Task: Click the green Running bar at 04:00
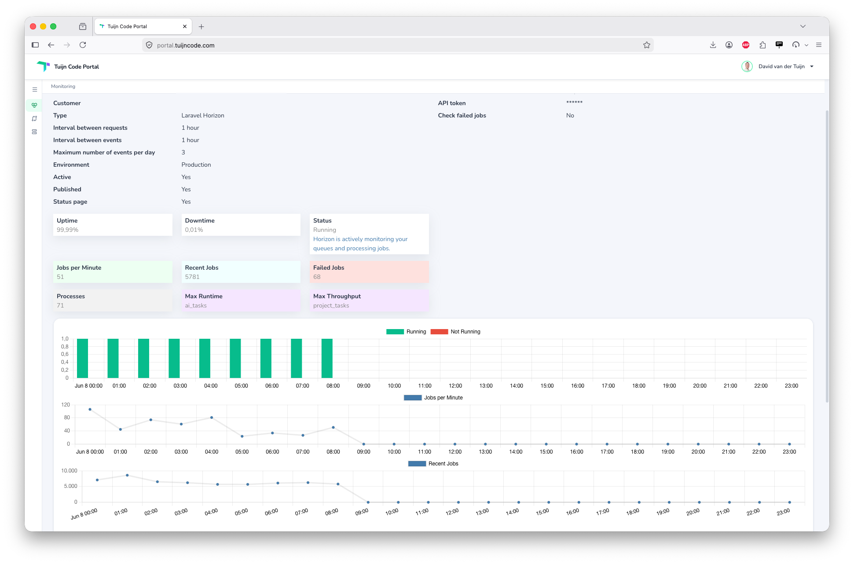click(205, 358)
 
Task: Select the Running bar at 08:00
click(327, 358)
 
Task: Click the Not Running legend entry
click(455, 332)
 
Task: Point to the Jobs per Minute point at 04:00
click(212, 418)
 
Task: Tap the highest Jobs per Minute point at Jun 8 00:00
click(90, 410)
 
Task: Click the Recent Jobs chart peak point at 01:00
click(127, 475)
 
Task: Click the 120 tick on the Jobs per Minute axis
click(66, 405)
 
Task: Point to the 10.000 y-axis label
click(69, 471)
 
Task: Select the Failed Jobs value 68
click(317, 277)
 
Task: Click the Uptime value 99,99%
click(67, 230)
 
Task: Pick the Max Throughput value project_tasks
click(331, 305)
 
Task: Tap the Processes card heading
click(71, 296)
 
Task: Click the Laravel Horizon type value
click(203, 115)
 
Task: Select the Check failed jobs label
click(462, 115)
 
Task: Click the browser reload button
click(83, 45)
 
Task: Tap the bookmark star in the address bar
click(647, 45)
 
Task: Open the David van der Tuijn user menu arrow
click(812, 66)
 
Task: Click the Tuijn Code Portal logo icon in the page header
click(43, 66)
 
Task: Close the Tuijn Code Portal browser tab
click(185, 26)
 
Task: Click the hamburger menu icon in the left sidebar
click(35, 89)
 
